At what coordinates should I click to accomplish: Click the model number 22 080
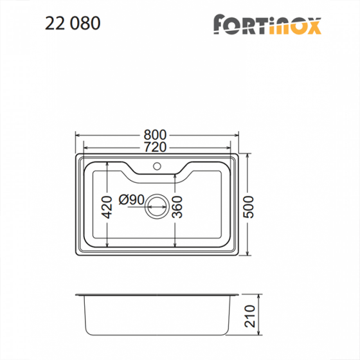73,23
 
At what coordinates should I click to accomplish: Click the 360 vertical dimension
178,206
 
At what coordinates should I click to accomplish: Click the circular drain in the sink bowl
156,206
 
